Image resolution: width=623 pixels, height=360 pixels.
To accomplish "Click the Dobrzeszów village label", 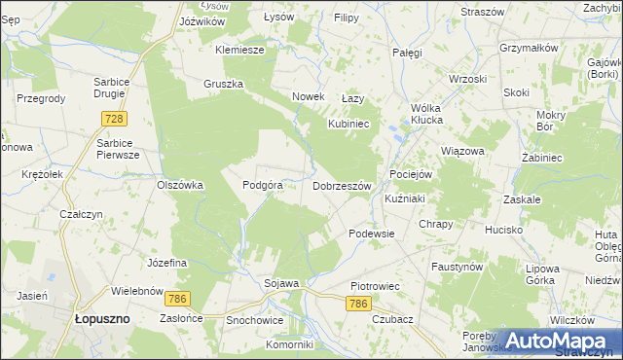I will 342,185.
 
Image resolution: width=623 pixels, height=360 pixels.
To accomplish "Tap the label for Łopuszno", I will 103,318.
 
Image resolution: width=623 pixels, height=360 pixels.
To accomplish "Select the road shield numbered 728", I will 114,118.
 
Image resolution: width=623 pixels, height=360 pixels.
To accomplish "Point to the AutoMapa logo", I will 555,341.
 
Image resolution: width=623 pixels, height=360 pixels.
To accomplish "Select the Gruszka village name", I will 223,84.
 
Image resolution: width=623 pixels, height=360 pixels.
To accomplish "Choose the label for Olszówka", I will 179,184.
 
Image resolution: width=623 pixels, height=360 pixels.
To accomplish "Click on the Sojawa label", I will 281,283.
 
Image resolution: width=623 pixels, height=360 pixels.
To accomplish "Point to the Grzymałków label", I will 528,48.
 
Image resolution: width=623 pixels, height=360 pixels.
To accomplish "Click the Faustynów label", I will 458,266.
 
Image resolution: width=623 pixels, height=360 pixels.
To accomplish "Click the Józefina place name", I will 166,264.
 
